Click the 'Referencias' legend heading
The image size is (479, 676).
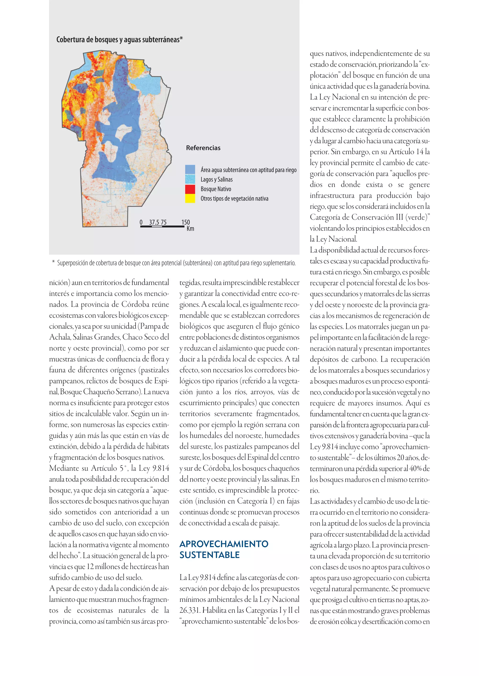(203, 148)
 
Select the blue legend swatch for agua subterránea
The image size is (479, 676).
(190, 169)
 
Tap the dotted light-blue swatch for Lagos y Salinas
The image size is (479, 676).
(190, 179)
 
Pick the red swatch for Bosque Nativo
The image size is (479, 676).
(190, 189)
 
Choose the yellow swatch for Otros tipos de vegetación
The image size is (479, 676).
(190, 198)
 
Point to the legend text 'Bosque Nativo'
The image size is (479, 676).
(216, 189)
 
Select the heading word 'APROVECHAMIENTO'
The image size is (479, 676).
(224, 544)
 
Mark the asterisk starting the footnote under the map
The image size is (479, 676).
(53, 262)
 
